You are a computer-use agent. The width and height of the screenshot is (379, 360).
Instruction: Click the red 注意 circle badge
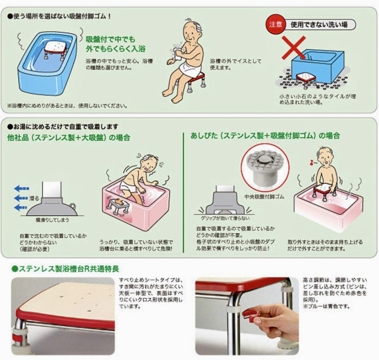[x=275, y=24]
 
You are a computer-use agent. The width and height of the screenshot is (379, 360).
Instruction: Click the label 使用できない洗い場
[x=319, y=24]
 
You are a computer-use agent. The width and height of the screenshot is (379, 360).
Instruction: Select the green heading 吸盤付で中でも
[x=110, y=39]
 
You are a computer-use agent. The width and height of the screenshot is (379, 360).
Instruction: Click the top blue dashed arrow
[x=22, y=188]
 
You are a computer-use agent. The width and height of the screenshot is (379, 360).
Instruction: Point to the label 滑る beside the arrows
[x=34, y=199]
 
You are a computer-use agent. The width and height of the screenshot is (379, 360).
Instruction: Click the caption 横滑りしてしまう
[x=52, y=220]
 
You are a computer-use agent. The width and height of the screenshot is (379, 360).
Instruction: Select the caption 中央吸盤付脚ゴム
[x=264, y=196]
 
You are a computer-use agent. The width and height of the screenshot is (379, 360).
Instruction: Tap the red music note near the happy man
[x=311, y=162]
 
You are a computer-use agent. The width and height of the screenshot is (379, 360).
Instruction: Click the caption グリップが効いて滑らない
[x=225, y=218]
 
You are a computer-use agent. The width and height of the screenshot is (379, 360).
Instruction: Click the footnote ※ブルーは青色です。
[x=326, y=306]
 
